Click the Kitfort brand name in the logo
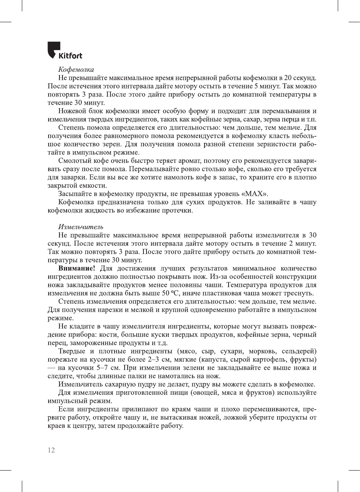tap(70, 56)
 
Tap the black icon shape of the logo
tap(53, 49)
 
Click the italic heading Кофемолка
tap(76, 69)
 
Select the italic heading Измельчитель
tap(81, 227)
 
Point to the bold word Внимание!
tap(76, 268)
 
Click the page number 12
tap(51, 450)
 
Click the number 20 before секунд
tap(288, 78)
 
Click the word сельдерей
tap(299, 351)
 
